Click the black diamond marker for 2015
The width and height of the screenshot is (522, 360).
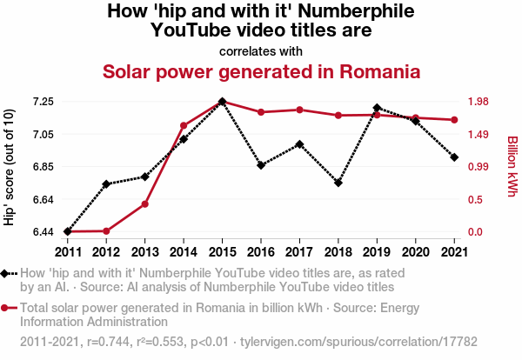point(222,102)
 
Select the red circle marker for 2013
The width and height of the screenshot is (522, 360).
point(145,204)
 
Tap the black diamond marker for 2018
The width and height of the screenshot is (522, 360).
point(338,183)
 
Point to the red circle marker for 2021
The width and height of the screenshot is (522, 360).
point(454,120)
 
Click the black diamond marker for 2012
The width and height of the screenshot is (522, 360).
point(106,184)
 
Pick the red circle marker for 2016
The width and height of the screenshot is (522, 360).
point(261,112)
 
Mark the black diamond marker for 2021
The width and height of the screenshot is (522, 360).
point(454,157)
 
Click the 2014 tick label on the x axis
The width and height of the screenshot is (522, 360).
point(184,252)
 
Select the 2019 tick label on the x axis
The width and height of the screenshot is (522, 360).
point(377,252)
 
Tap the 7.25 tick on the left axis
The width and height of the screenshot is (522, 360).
point(43,102)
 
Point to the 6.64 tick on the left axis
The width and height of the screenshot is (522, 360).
point(43,199)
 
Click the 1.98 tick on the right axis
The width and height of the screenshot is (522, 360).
point(482,102)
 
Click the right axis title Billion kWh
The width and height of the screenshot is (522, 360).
point(512,166)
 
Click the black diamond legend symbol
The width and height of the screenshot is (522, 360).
point(8,273)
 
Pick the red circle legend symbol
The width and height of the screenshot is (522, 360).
point(8,307)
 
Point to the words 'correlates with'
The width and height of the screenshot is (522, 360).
point(261,50)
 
